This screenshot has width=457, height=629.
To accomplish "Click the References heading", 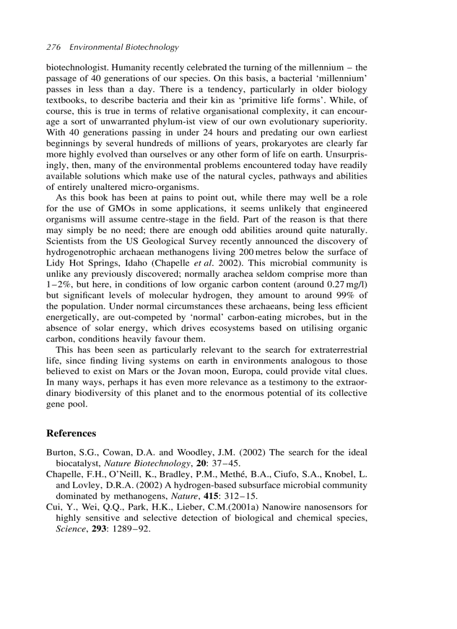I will [71, 433].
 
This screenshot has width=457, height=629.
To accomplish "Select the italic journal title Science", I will [72, 528].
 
